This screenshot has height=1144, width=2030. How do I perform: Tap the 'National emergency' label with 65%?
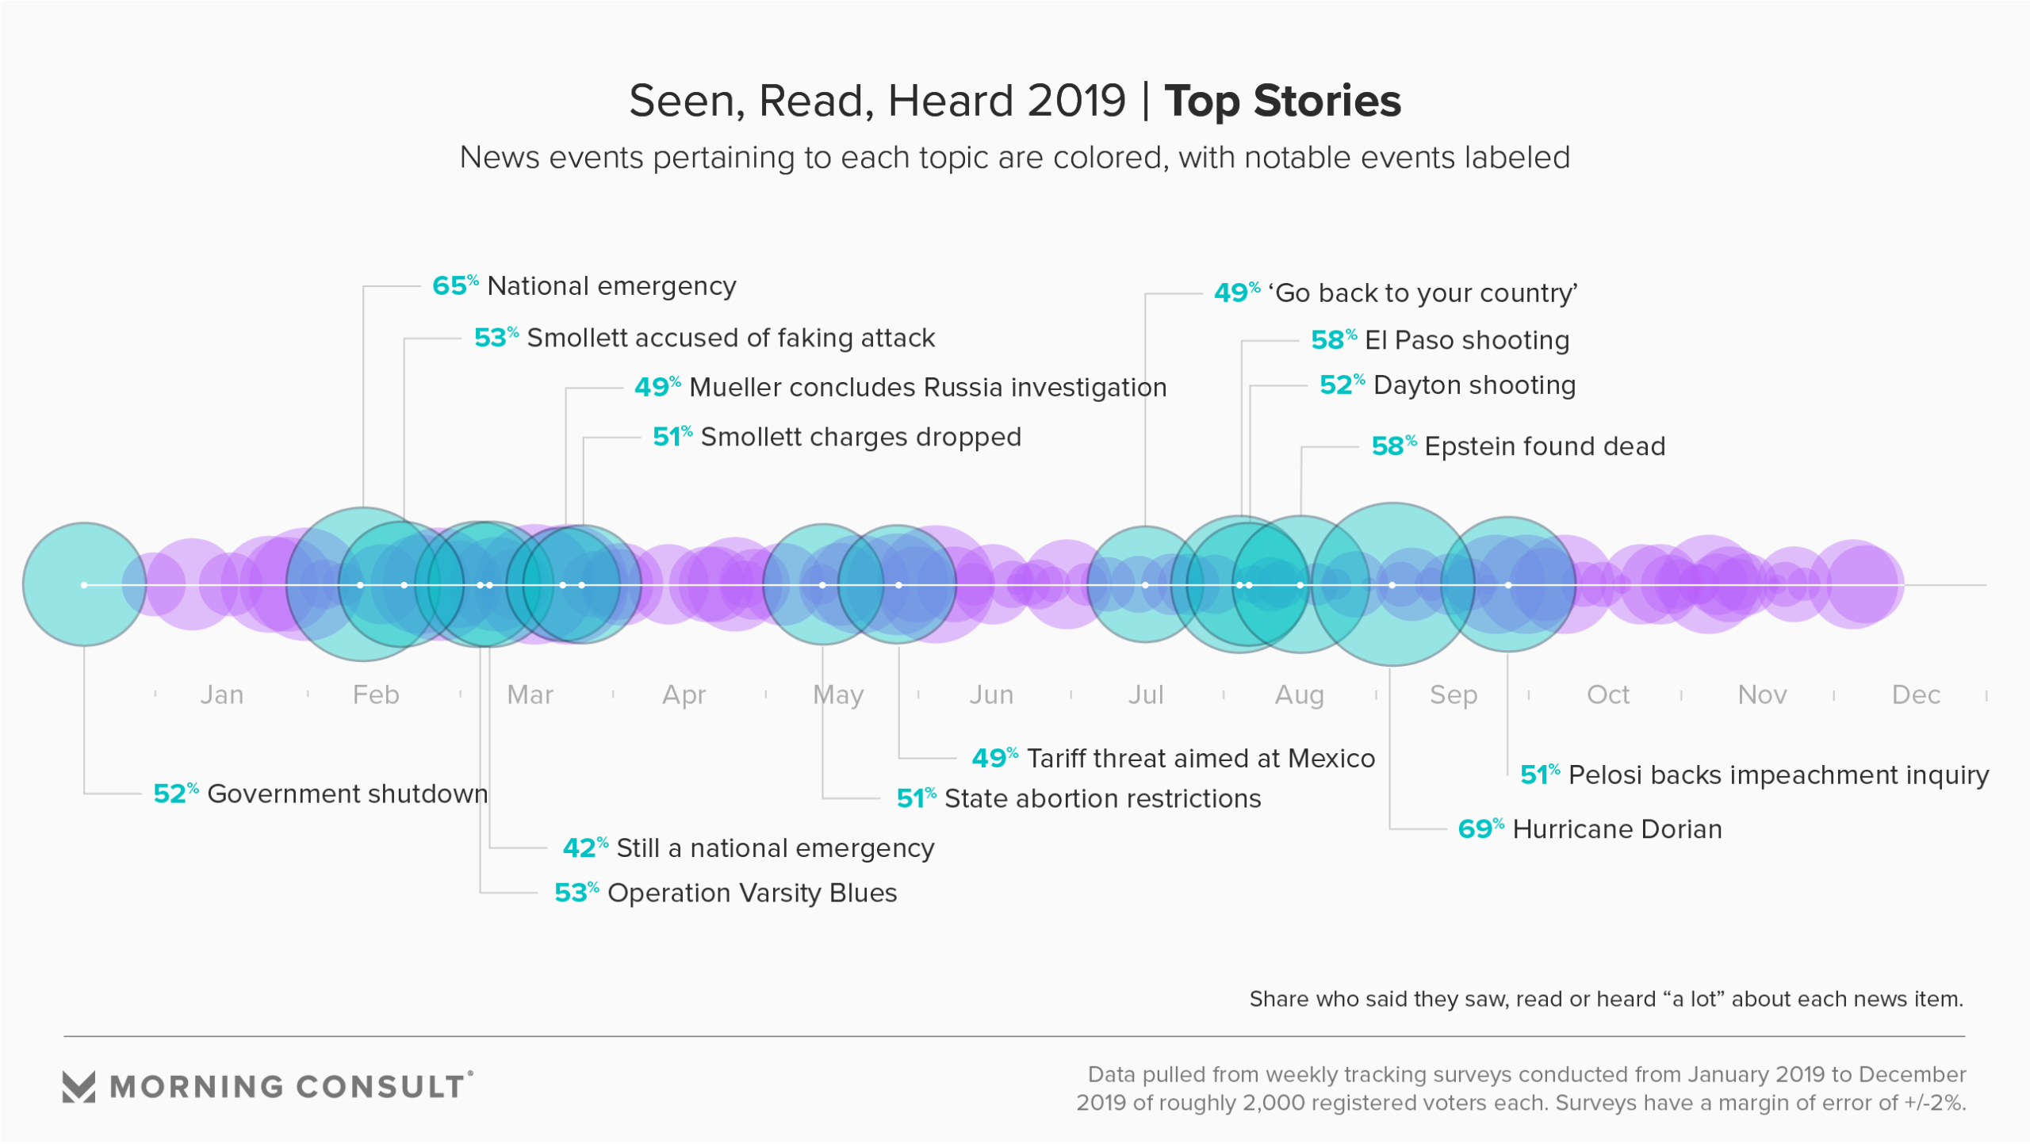[x=611, y=286]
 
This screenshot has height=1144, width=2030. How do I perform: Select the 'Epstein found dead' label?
[x=1544, y=446]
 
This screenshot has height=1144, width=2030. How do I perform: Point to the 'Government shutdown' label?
[x=347, y=794]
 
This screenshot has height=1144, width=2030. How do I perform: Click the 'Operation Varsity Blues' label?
[x=752, y=893]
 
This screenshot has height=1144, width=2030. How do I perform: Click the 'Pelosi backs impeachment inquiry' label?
[x=1778, y=775]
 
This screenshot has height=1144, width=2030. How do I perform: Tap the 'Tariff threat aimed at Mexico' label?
[x=1201, y=759]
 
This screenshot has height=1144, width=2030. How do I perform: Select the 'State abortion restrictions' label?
[x=1102, y=799]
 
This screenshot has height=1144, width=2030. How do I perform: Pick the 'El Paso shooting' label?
[x=1466, y=340]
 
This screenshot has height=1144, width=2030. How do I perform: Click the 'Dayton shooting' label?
[x=1474, y=385]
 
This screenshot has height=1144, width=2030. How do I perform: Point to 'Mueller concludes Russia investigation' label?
[x=928, y=388]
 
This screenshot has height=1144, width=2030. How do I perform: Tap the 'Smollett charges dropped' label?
[x=860, y=437]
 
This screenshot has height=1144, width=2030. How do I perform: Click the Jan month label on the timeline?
[x=221, y=695]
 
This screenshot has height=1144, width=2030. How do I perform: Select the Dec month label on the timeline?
[x=1915, y=695]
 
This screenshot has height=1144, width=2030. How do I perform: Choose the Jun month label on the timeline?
[x=991, y=695]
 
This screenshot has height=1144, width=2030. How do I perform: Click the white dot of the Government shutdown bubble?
[x=84, y=585]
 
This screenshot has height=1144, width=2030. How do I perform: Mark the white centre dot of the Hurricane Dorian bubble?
[x=1392, y=585]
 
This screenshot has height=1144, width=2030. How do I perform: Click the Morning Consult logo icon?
[x=79, y=1087]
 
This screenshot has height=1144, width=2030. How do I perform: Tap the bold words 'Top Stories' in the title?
[x=1282, y=101]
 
